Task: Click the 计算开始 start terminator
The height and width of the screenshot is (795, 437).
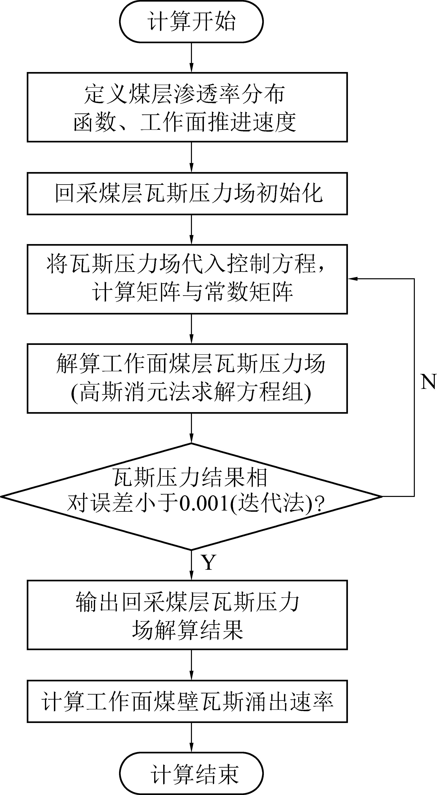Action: pyautogui.click(x=191, y=22)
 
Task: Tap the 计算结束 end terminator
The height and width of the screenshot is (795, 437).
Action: pyautogui.click(x=191, y=773)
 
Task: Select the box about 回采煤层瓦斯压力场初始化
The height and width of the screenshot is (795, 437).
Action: pyautogui.click(x=187, y=193)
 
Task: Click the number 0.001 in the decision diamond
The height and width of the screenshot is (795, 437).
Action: pyautogui.click(x=203, y=504)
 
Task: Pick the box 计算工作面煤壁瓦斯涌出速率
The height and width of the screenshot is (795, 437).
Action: pyautogui.click(x=187, y=701)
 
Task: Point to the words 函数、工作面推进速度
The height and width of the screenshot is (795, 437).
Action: pyautogui.click(x=185, y=122)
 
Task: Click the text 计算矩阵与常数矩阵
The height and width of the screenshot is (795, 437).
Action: pyautogui.click(x=192, y=292)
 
